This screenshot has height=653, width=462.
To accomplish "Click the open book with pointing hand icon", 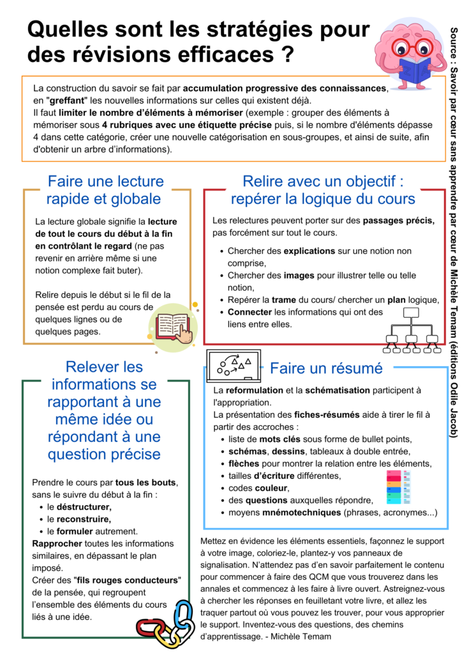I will [174, 325].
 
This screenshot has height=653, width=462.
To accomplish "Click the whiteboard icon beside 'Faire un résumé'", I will [234, 365].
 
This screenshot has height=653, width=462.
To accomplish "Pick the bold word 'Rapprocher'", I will [57, 543].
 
